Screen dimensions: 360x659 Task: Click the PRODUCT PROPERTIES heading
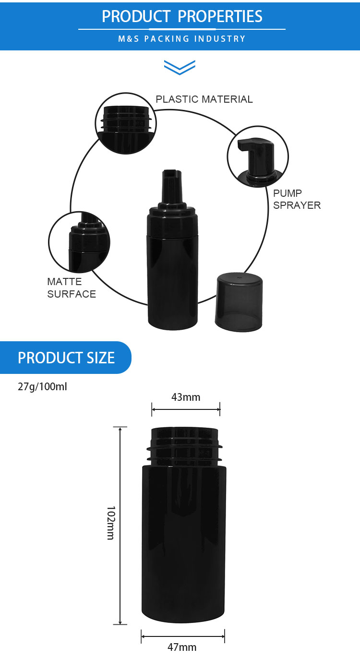tap(182, 16)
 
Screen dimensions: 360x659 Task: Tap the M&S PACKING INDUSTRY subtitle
tap(182, 39)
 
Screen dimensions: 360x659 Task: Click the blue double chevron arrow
tap(180, 67)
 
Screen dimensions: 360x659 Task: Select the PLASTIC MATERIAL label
tap(204, 99)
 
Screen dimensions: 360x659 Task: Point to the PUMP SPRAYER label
tap(297, 199)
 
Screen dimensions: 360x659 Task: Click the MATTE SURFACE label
tap(72, 288)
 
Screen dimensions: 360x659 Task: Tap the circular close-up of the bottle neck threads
tap(126, 123)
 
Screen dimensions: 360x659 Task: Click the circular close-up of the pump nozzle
tap(258, 157)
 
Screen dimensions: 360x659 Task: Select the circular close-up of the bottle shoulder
tap(79, 242)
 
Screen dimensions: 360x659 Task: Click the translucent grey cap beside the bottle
tap(239, 302)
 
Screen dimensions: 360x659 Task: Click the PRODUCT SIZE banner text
tap(66, 358)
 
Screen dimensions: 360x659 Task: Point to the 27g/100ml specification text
tap(42, 386)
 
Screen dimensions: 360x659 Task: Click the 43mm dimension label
tap(186, 397)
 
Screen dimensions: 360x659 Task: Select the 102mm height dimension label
tap(110, 523)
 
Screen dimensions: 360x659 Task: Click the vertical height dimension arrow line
tap(120, 526)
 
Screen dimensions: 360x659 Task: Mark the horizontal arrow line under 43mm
tap(186, 409)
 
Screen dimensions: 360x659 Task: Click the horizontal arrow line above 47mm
tap(183, 636)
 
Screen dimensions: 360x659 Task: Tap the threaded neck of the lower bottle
tap(184, 446)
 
